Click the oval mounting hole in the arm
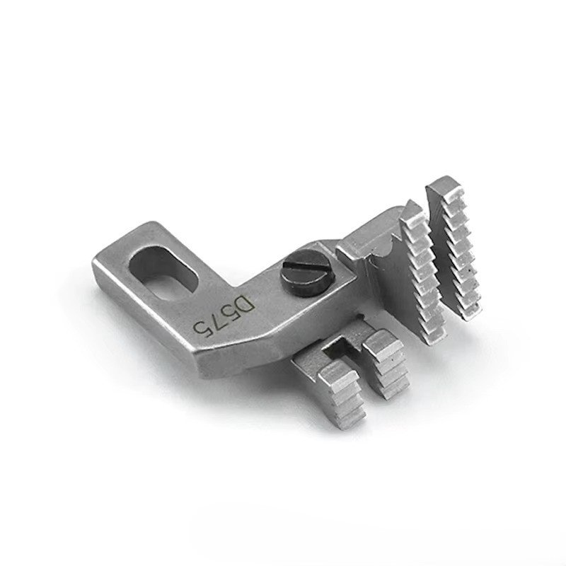pyautogui.click(x=164, y=272)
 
